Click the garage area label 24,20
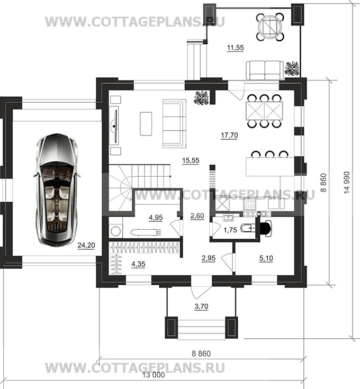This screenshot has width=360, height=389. coord(86,246)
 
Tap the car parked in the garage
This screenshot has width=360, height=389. coord(57,190)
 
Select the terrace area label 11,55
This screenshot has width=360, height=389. coord(236,48)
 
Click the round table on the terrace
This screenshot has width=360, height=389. coord(270,27)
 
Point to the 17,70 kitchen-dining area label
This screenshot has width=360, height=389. coord(229,135)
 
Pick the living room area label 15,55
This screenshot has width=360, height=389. coord(191,160)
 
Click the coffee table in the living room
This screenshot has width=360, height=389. coord(146,123)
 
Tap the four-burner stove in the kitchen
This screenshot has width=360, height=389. coord(249,204)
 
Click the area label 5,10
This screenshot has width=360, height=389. coord(266,258)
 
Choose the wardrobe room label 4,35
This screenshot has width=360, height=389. coord(138,264)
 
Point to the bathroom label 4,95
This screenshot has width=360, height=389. coord(156,218)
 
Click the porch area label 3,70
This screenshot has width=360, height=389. coord(201,306)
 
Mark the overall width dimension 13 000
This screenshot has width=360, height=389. coord(154,375)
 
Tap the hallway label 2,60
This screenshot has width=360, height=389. coord(197,216)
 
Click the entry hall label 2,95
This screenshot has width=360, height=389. coord(209,258)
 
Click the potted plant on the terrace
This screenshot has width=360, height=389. coord(292,68)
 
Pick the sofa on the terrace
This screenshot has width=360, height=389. coord(265,70)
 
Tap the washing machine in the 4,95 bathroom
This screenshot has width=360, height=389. coord(115,231)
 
